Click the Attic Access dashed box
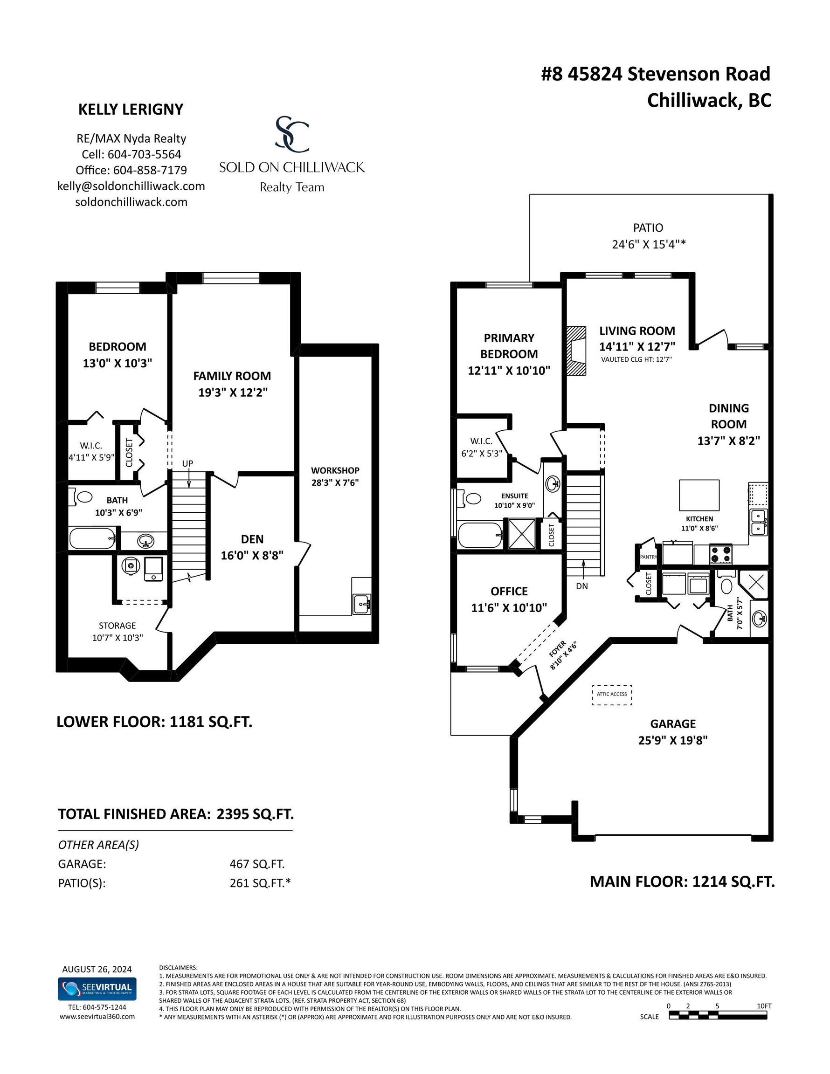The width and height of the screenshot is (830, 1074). click(x=612, y=695)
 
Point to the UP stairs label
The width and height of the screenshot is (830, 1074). click(x=187, y=463)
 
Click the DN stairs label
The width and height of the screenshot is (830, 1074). click(x=582, y=586)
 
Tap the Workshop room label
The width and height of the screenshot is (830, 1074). click(x=335, y=471)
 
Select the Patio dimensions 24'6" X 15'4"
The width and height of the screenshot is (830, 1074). click(x=649, y=244)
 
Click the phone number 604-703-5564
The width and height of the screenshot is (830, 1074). click(x=145, y=154)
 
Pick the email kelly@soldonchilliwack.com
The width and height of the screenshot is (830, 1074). click(x=131, y=186)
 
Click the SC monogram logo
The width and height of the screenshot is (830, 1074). click(x=292, y=134)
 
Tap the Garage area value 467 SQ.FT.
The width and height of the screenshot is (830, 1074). click(x=257, y=864)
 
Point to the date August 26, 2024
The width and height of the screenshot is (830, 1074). click(x=97, y=969)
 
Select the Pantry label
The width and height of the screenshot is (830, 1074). click(x=649, y=557)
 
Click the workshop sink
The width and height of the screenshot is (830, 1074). click(x=362, y=604)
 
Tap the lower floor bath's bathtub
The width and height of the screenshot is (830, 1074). click(x=92, y=538)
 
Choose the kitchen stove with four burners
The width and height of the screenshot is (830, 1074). click(x=721, y=554)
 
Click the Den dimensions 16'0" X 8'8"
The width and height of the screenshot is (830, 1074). click(x=252, y=556)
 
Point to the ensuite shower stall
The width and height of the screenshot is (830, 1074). click(x=522, y=534)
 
